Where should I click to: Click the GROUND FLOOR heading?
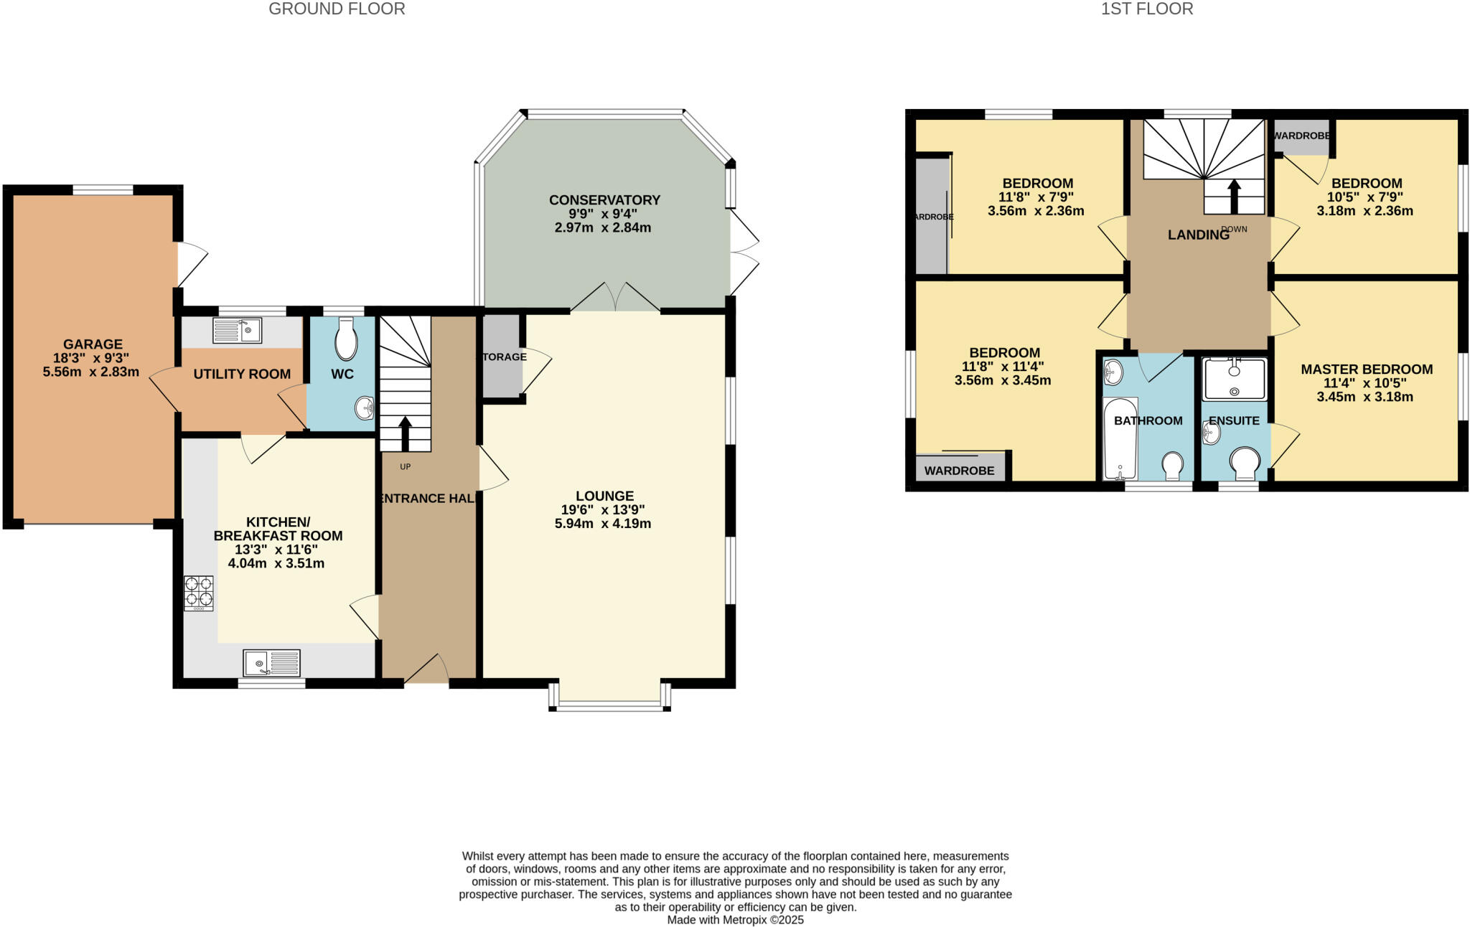click(337, 9)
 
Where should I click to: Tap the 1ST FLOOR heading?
click(1147, 9)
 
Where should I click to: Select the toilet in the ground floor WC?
click(346, 342)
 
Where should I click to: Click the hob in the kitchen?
click(199, 593)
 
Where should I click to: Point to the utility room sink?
click(237, 331)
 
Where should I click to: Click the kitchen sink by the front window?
click(272, 662)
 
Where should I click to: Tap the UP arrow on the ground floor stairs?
click(405, 433)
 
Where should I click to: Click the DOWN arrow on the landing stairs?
click(1234, 196)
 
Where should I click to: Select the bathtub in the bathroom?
click(1120, 439)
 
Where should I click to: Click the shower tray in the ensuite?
click(1234, 379)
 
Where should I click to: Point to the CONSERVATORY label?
click(604, 200)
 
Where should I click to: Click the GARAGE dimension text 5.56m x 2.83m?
click(91, 372)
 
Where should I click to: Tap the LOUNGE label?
click(604, 496)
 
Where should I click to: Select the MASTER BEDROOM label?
click(1367, 370)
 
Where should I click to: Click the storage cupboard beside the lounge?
click(502, 356)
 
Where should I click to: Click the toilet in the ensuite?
click(1245, 463)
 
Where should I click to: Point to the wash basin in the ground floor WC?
click(365, 408)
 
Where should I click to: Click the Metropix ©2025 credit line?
click(735, 920)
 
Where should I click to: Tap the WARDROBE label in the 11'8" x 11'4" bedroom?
click(959, 471)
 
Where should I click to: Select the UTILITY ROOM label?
click(242, 374)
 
